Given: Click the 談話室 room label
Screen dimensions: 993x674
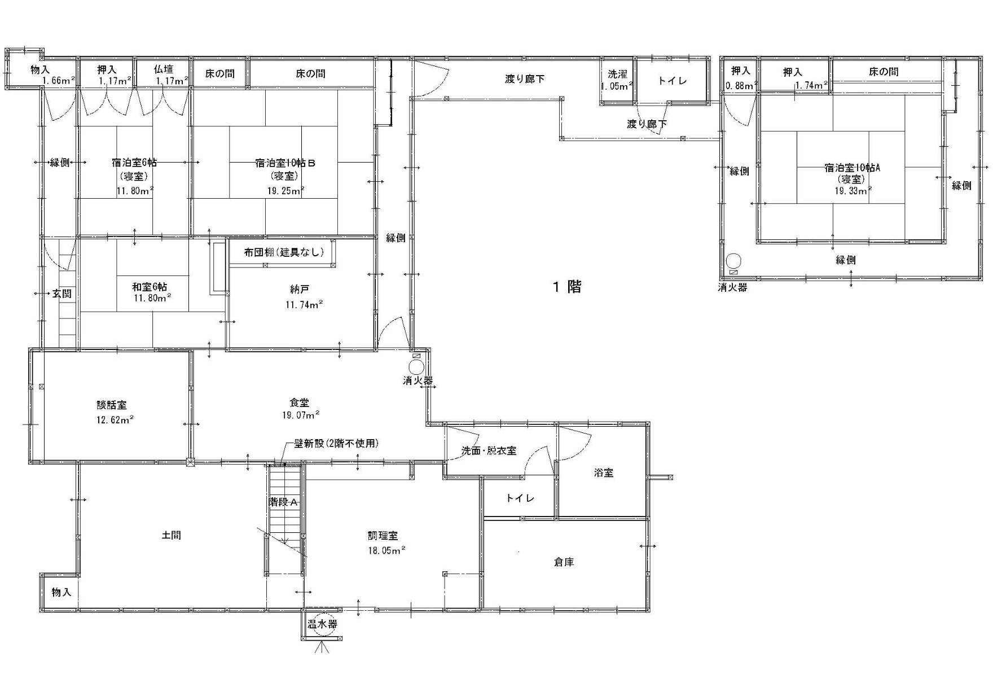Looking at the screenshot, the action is coord(112,405).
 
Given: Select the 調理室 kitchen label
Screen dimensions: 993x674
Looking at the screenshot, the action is coord(383,536).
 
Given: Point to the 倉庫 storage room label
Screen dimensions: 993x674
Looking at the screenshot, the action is coord(564,562).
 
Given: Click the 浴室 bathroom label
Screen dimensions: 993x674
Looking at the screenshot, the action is coord(604,472).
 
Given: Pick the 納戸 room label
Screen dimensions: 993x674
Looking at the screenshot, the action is coord(299,290).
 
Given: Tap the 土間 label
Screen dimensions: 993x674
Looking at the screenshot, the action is coord(172,535).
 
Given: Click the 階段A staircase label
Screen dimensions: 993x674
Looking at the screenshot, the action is coord(283,502).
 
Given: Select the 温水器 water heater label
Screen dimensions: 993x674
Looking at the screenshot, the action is coord(322,624).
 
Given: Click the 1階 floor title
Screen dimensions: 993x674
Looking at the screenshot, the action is coord(567,287).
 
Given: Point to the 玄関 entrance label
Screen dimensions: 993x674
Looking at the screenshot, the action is coord(62,294).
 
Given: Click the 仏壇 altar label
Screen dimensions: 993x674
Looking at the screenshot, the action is coord(164,69).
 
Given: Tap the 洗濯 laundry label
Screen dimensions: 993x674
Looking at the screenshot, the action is coord(617,74).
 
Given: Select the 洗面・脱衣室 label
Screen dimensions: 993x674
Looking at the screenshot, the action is coord(489,450).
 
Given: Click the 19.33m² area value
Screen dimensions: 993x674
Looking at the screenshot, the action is coord(853,191).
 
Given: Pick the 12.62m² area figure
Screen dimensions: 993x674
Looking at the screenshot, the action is coord(115,419).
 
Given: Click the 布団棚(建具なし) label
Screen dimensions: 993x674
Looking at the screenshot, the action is coord(284,252).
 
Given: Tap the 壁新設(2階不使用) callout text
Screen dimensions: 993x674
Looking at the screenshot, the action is coord(336,443).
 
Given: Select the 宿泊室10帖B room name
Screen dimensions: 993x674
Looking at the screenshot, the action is coord(285,163).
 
